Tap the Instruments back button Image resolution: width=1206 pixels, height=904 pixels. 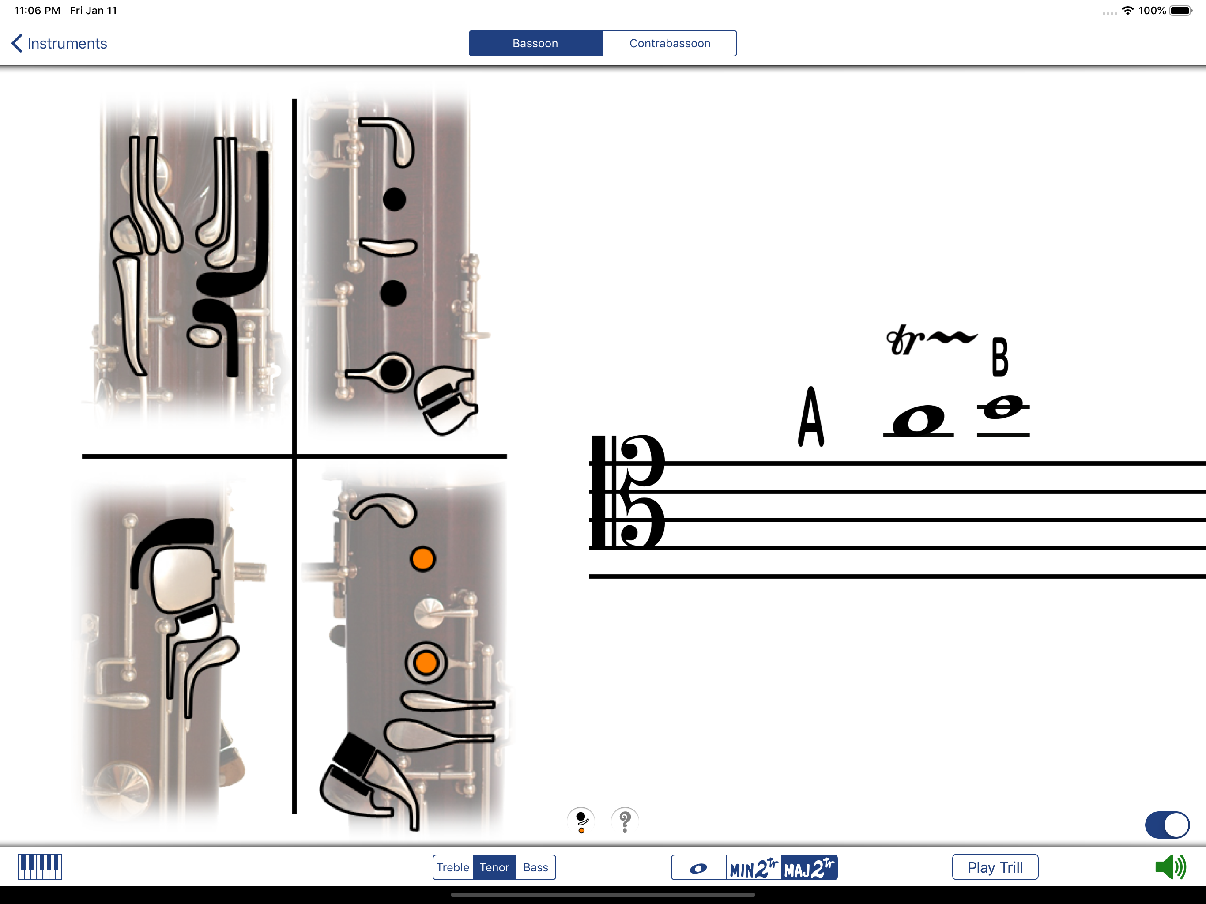[x=59, y=44]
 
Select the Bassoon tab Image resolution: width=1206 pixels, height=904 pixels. [x=535, y=44]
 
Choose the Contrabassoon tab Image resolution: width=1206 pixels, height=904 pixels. [x=670, y=44]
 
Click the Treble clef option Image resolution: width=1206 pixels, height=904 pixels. [x=452, y=867]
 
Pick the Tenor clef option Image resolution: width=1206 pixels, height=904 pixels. [x=494, y=867]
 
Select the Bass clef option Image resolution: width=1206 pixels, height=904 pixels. [x=535, y=867]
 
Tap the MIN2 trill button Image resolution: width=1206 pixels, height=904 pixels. [x=754, y=867]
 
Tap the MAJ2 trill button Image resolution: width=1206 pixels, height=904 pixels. [x=809, y=867]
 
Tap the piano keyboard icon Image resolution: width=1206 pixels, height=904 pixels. [x=39, y=867]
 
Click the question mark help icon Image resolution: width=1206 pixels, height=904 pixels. [x=625, y=821]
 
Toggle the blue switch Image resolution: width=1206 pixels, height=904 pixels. [x=1167, y=825]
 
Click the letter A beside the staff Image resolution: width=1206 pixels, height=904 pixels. [x=811, y=417]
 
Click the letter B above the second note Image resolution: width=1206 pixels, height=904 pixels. [x=1000, y=357]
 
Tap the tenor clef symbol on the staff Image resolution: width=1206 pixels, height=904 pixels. [x=627, y=492]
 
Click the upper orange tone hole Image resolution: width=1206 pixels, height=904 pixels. [x=422, y=559]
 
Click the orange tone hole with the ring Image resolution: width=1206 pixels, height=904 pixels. [x=426, y=663]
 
